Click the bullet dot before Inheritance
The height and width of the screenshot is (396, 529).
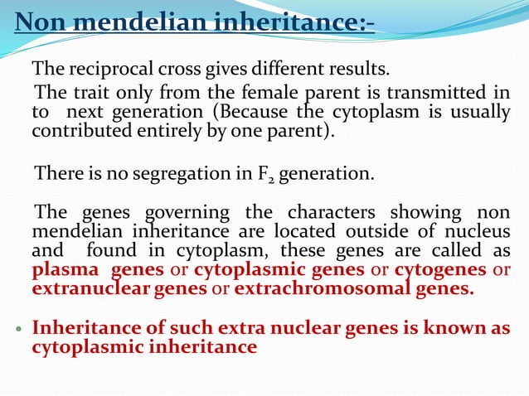pos(18,329)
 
